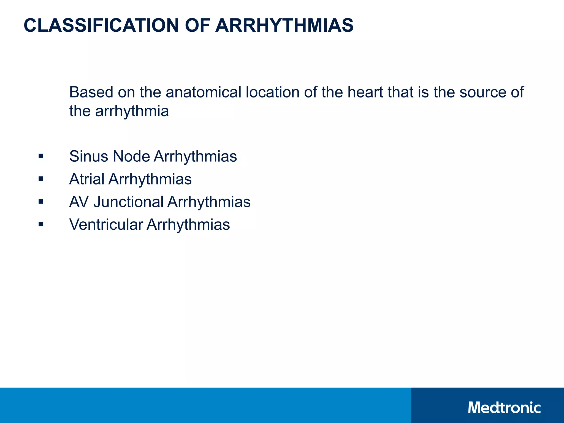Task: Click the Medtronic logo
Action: [x=504, y=408]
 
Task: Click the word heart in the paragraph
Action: [x=365, y=92]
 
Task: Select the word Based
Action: [x=91, y=92]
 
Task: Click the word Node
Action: [x=131, y=156]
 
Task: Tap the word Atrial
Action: [x=87, y=179]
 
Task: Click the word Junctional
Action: [x=129, y=202]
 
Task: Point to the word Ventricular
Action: [x=106, y=224]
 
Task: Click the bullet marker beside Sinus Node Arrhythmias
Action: [x=41, y=156]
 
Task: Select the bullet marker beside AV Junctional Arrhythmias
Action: [x=41, y=202]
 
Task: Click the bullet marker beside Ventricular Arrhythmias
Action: [x=41, y=224]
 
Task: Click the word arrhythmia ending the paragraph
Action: [x=132, y=111]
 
